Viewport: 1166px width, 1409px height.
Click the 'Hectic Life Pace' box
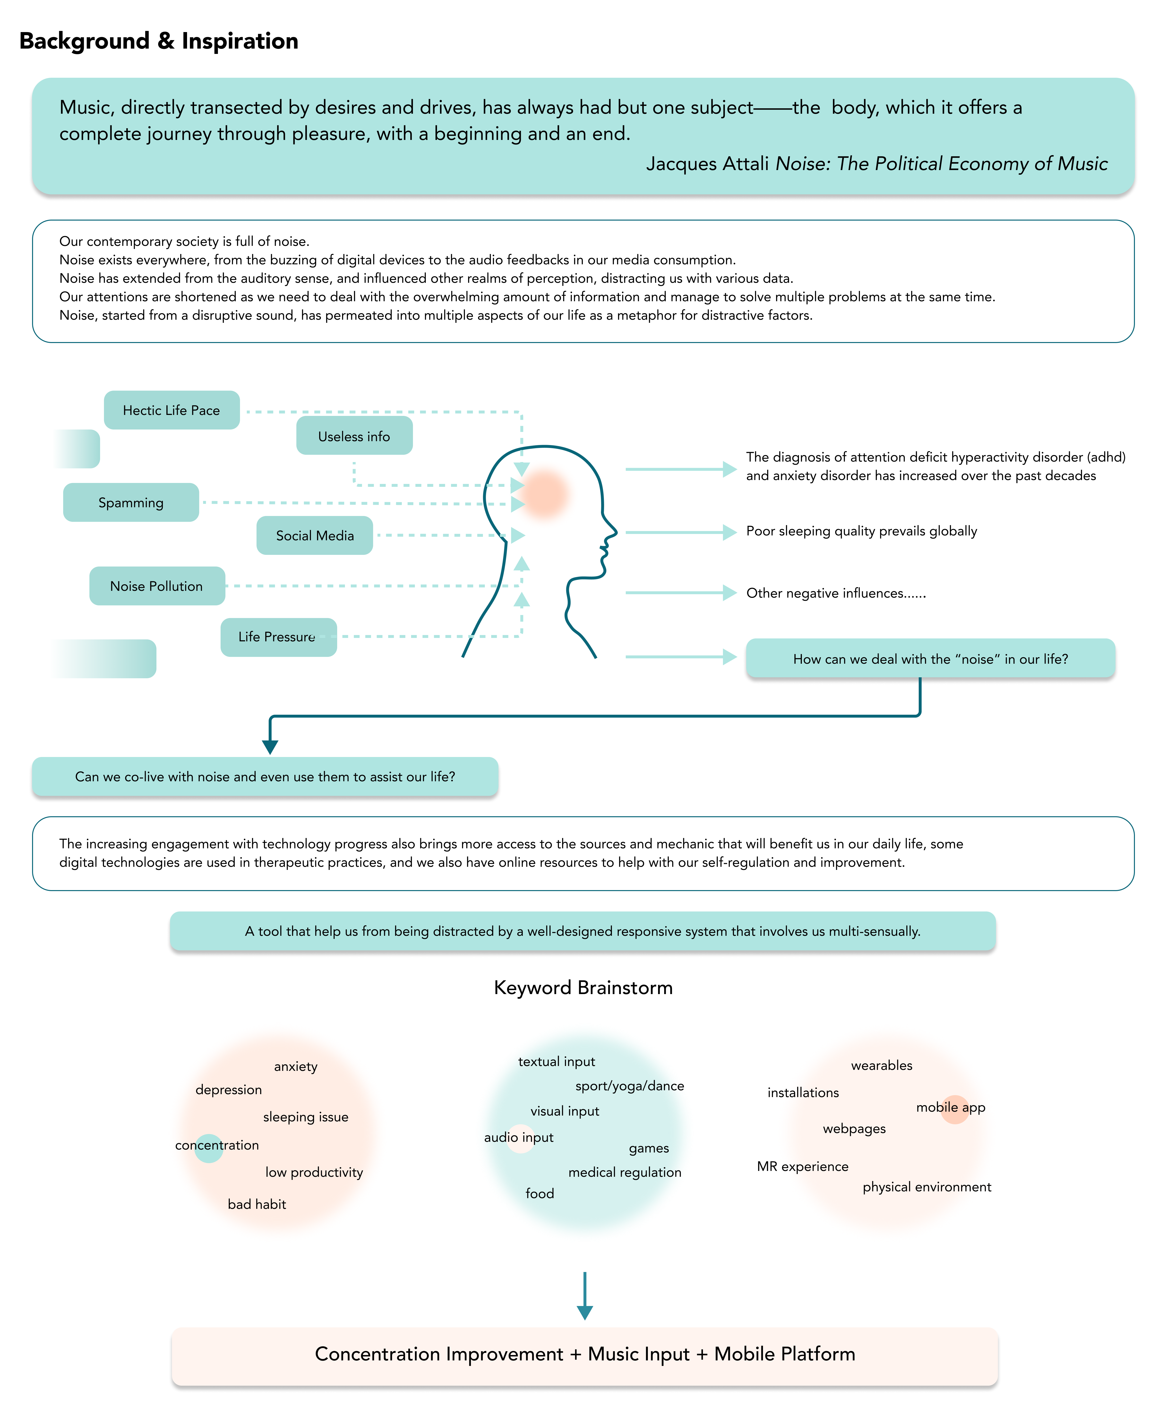(x=172, y=410)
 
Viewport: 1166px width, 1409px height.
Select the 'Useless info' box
(x=354, y=435)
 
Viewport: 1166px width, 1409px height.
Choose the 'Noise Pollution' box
(x=157, y=586)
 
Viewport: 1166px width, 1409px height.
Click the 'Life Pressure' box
(x=278, y=637)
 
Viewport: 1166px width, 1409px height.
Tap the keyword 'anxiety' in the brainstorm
(x=296, y=1066)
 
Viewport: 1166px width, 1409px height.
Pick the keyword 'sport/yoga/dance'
(x=629, y=1086)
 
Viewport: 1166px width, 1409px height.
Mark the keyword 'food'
(x=540, y=1193)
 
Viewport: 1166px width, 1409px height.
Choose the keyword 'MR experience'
(x=802, y=1166)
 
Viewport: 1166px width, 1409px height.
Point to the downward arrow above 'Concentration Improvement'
(x=585, y=1296)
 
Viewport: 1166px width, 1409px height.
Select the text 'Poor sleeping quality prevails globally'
(x=861, y=531)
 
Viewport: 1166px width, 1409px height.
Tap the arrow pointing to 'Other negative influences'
(x=681, y=593)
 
